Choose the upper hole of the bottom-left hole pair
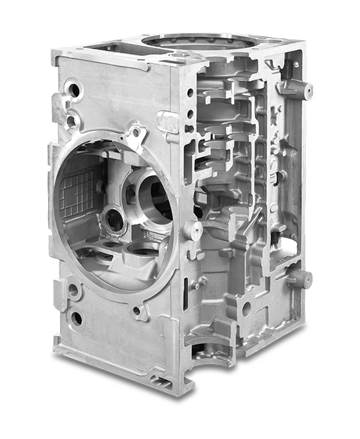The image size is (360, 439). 73,290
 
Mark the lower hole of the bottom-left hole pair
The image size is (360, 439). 76,318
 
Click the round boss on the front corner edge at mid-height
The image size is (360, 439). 193,230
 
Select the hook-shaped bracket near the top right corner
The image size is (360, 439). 272,65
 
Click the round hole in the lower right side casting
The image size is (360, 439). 246,308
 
